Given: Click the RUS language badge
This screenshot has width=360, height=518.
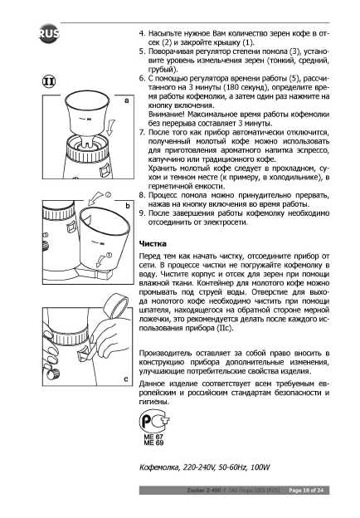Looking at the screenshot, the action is (49, 33).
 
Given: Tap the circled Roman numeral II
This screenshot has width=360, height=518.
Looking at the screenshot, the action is (49, 81).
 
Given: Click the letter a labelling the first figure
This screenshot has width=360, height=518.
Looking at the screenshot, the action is (127, 100).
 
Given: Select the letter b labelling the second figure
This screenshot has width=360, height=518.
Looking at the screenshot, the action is (128, 206).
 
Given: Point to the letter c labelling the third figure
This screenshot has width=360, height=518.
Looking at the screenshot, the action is (126, 379).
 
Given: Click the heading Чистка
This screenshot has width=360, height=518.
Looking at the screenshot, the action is (153, 244).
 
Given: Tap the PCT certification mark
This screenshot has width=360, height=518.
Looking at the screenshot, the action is (154, 421).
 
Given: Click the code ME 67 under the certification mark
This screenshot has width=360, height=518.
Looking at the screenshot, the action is (153, 437).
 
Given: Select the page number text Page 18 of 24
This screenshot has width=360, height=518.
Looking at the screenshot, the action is (306, 491).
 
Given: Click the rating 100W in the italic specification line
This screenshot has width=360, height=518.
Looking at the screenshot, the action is (260, 467).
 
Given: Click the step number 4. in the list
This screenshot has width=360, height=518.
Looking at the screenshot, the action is (142, 33).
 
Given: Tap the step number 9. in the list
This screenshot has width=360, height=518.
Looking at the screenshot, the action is (142, 213).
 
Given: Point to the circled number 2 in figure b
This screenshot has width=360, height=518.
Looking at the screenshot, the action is (108, 194).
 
